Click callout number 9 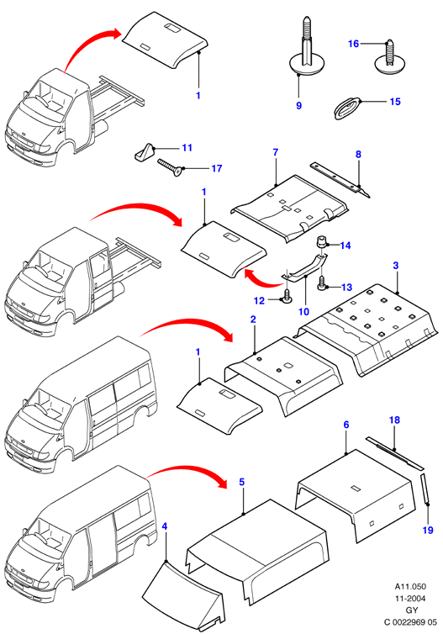(x=298, y=106)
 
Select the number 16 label (x=353, y=43)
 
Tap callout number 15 (x=395, y=102)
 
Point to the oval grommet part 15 (x=347, y=108)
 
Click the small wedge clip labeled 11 (x=143, y=152)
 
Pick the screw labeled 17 (x=170, y=167)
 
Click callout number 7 (x=275, y=152)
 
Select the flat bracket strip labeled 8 (x=340, y=180)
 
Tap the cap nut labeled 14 (x=321, y=242)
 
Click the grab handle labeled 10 (x=304, y=267)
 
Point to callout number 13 (x=347, y=287)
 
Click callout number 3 (x=396, y=266)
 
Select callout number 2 (x=253, y=320)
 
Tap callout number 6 (x=346, y=425)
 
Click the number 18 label (x=394, y=420)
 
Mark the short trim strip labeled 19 (x=425, y=489)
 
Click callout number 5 (x=242, y=482)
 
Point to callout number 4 (x=164, y=526)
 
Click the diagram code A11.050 (x=410, y=586)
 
